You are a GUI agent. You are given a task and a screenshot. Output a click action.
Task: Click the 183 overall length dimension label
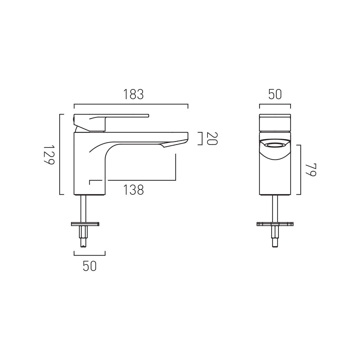click(134, 95)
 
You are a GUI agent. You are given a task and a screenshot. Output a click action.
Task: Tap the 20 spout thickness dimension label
click(212, 138)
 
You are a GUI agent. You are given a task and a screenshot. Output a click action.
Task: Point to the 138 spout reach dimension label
click(134, 190)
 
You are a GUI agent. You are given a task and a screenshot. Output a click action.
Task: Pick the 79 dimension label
click(311, 170)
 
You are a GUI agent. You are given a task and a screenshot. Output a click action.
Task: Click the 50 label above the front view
click(275, 95)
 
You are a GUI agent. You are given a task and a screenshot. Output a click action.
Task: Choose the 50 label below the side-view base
click(89, 266)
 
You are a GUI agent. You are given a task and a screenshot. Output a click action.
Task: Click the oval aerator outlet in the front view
click(275, 145)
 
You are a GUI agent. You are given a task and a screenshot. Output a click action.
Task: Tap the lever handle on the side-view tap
click(124, 116)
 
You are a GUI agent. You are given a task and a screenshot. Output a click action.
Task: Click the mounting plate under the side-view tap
click(85, 224)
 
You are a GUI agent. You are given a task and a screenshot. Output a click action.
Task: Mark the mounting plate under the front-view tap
click(275, 224)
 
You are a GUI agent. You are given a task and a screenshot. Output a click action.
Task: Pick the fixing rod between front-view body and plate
click(275, 208)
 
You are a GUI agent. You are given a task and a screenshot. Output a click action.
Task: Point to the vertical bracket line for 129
click(60, 154)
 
